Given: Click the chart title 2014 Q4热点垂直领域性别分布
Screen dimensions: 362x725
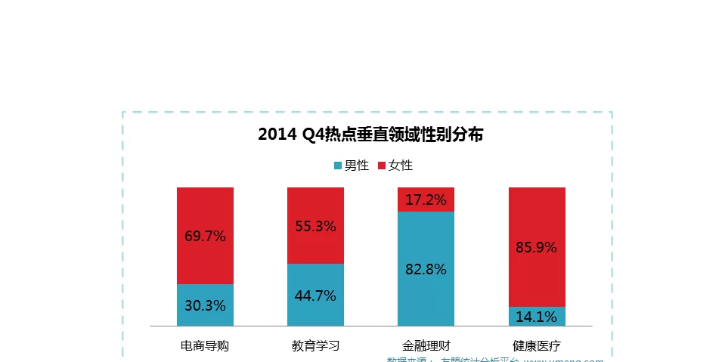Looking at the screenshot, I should pos(370,135).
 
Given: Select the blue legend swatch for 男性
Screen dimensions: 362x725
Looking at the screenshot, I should pos(338,166).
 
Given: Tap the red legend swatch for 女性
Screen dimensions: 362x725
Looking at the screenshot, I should pos(382,166).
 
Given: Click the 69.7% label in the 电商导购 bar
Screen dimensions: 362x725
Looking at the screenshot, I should pos(205,236).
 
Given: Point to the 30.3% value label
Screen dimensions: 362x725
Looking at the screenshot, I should pos(205,306).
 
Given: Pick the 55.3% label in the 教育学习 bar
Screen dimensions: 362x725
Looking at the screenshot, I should pos(315,226).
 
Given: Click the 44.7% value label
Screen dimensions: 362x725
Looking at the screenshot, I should pos(315,295).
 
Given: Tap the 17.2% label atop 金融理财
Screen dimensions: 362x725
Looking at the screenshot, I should pos(426,200).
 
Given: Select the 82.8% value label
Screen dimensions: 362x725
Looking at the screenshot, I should pos(426,269).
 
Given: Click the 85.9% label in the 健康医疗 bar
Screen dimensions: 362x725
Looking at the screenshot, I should pos(536,247).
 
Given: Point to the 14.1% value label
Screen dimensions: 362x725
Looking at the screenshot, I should pos(536,317).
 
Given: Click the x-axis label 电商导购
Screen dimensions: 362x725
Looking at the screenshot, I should pos(205,346).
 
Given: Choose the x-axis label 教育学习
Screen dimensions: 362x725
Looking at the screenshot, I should pos(315,346).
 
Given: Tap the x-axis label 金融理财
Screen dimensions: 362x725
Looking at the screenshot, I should pos(426,346).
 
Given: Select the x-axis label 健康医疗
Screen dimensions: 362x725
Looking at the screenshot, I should pos(536,346).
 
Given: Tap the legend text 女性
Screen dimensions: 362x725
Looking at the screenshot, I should pos(401,166).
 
